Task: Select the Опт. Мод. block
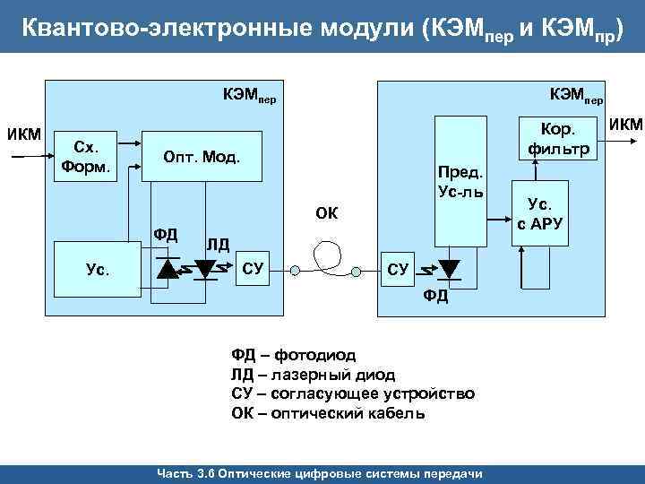(201, 158)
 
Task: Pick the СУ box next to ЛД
(254, 268)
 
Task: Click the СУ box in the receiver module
(398, 268)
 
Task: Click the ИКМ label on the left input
(23, 134)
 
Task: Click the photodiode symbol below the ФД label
(168, 267)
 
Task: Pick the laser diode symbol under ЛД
(207, 267)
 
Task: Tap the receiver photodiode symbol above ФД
(448, 268)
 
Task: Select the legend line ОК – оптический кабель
(328, 413)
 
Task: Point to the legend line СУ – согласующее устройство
(353, 393)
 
